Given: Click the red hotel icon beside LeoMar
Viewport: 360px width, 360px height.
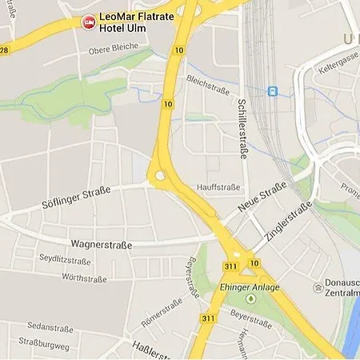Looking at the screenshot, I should coord(88,21).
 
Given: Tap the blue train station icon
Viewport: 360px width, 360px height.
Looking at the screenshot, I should coord(273,91).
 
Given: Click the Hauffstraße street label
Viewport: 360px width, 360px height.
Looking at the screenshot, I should coord(218,187).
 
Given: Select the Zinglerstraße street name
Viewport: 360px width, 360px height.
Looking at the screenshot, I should coord(286,222).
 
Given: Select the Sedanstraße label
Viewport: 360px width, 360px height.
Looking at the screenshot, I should coord(50,328).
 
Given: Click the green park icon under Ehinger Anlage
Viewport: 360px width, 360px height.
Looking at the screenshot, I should coord(249,299).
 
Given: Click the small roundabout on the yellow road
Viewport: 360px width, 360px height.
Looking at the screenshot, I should coord(161,175).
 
